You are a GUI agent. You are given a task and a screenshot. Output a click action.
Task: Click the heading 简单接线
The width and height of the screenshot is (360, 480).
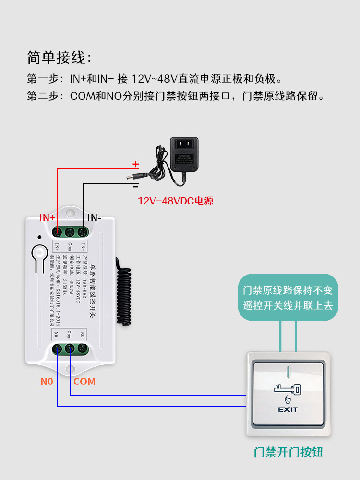coord(58,58)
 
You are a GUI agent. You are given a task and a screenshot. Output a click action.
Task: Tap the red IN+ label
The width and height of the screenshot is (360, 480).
coord(48,217)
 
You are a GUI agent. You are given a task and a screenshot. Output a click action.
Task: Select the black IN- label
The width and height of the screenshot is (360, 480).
coord(94,217)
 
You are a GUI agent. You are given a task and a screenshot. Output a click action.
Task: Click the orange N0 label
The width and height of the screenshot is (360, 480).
coord(47,382)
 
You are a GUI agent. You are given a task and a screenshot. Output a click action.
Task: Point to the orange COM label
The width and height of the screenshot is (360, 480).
coord(84,382)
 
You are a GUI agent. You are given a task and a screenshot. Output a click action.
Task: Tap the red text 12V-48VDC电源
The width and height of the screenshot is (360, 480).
coord(176,201)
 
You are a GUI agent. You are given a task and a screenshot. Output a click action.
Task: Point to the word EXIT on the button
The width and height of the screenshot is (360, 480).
coord(288,409)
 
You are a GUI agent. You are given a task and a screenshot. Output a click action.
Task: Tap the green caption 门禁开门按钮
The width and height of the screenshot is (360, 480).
coord(288,452)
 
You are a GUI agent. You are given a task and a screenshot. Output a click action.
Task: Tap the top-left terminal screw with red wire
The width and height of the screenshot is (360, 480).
coord(57,233)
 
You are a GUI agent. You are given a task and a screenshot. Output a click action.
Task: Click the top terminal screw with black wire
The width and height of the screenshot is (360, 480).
coord(82,233)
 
